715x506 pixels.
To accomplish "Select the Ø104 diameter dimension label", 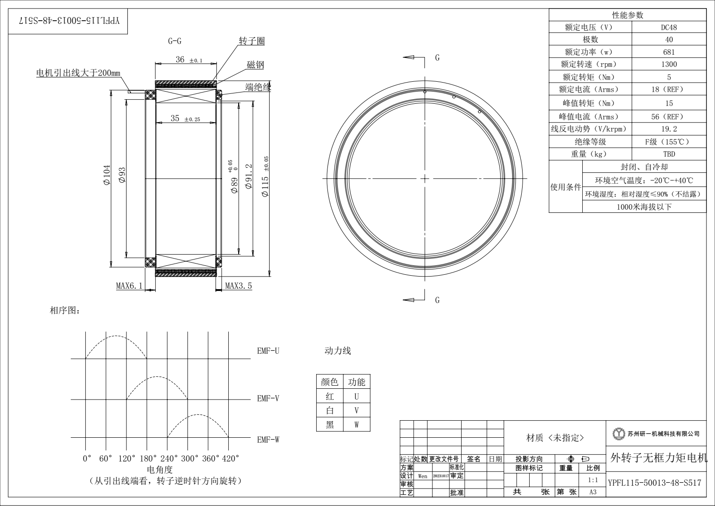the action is (x=107, y=175).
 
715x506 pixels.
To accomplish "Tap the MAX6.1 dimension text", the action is (x=129, y=286).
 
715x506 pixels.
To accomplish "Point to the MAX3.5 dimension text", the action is (x=239, y=286).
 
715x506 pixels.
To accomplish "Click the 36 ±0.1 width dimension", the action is (x=189, y=59).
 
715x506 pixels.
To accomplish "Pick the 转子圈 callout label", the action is (x=252, y=41).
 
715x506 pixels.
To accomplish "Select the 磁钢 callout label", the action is (x=255, y=65).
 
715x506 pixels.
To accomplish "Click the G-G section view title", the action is (x=174, y=41).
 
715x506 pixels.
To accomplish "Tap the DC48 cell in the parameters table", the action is (x=669, y=27).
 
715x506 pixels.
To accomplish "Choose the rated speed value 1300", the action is (x=669, y=64).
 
